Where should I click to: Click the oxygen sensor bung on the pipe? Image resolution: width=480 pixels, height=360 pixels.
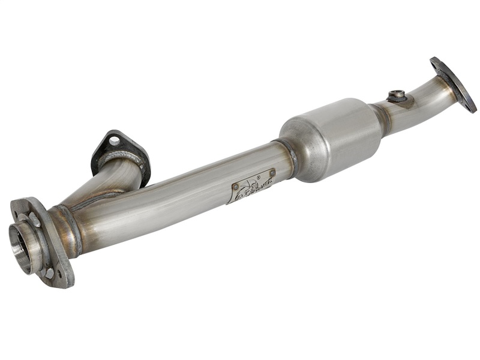[x=397, y=95]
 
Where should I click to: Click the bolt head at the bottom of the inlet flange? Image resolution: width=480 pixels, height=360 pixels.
[x=49, y=273]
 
